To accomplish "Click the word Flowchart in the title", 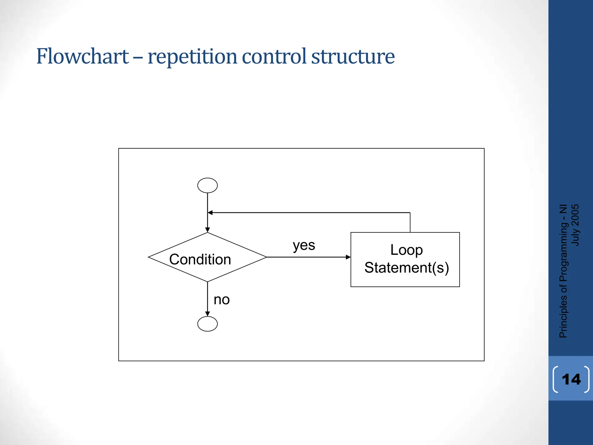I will tap(83, 56).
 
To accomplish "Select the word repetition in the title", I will tap(192, 57).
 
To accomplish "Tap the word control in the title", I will tap(274, 56).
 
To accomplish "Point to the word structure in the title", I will tap(353, 56).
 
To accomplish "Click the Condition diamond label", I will tap(200, 259).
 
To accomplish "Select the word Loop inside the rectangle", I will tap(406, 250).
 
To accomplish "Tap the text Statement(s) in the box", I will tap(407, 267).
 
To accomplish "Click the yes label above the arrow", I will tap(304, 246).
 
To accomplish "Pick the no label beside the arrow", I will tap(222, 300).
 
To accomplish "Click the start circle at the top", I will tap(207, 185).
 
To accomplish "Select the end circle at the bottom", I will tap(207, 324).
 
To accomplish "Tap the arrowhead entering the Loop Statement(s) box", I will tap(348, 257).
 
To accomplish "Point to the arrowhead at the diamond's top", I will tap(207, 230).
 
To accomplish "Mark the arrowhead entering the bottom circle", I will tap(207, 314).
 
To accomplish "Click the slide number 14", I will tap(571, 379).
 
